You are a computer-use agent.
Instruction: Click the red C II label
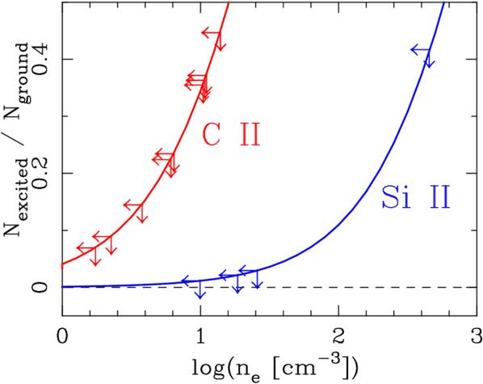point(230,134)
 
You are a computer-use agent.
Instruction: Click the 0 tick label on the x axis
point(62,335)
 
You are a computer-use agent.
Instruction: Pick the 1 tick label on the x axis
point(200,335)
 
